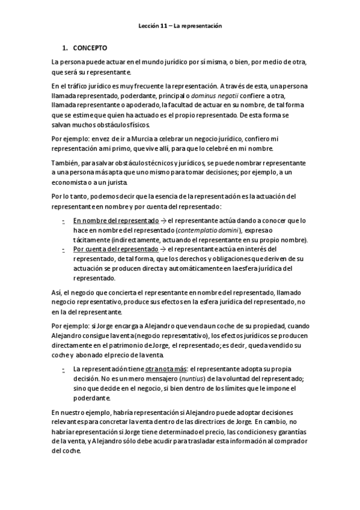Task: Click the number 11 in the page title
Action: click(163, 26)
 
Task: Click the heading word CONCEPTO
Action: click(90, 48)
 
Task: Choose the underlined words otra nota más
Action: click(166, 367)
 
